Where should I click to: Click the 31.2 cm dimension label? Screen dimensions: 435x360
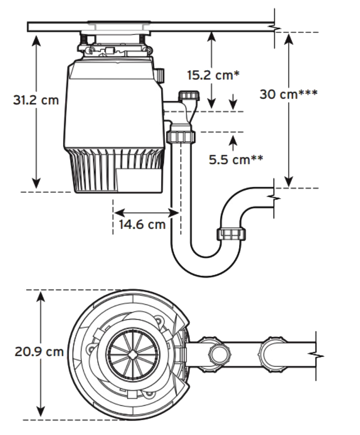coord(36,100)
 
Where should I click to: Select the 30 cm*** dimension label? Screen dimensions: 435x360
coord(288,94)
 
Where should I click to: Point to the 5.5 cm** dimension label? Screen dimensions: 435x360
coord(236,159)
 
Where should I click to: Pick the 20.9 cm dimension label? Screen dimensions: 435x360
coord(39,352)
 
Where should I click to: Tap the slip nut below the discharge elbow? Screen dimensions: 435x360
coord(181,136)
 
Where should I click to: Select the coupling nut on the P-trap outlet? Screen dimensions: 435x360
coord(232,234)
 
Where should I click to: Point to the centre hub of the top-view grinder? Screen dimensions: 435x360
coord(133,354)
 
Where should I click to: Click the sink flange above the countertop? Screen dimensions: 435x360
coord(119,22)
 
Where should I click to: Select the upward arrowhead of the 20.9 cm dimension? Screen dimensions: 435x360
coord(41,295)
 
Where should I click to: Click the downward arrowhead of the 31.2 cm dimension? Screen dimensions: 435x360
coord(36,184)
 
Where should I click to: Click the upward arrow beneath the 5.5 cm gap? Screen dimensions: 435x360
coord(233,141)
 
